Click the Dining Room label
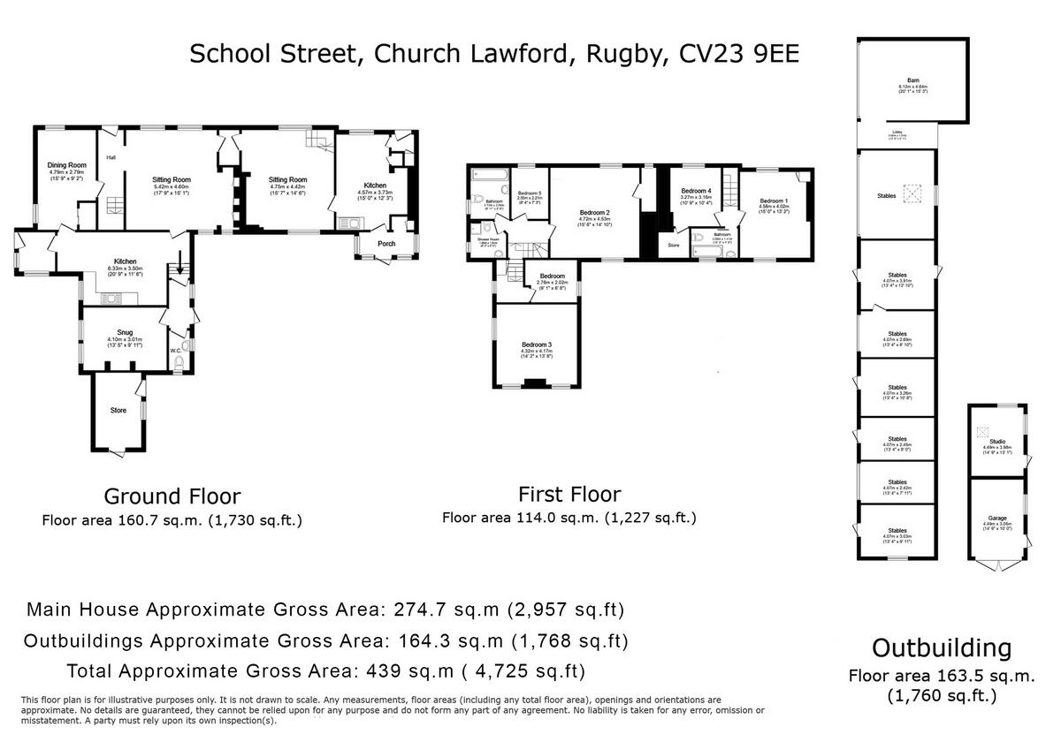(66, 165)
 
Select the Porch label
(386, 244)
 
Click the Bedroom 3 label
(537, 344)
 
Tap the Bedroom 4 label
(696, 192)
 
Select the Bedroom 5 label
(529, 193)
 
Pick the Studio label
(997, 441)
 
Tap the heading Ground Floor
(172, 496)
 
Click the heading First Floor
(569, 494)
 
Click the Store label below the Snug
(118, 410)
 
